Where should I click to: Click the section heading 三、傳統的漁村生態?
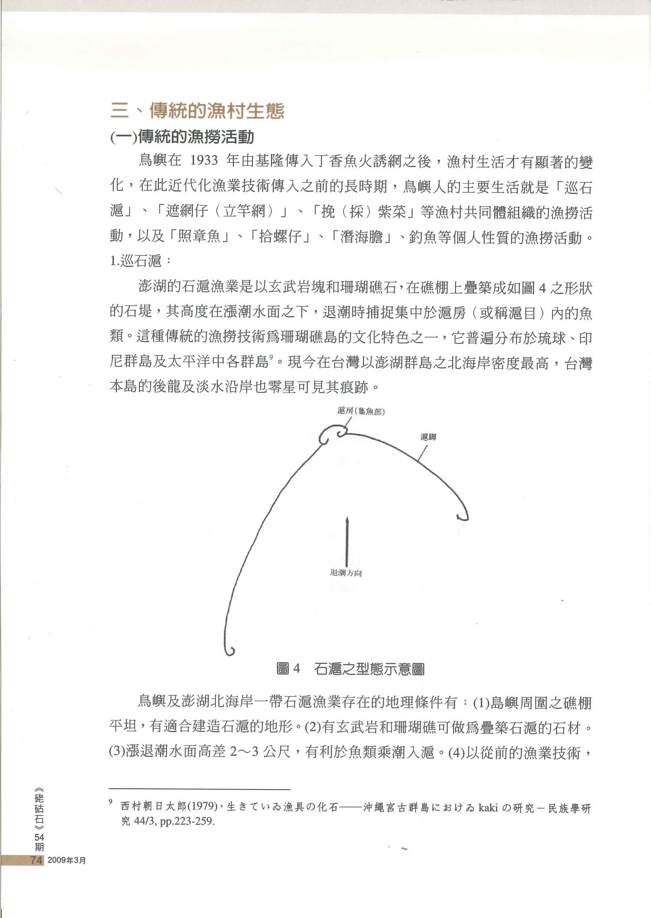coord(197,111)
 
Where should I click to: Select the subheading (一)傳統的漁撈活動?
coord(182,138)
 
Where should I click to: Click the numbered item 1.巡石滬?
coord(135,261)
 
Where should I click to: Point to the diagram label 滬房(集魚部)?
coord(361,411)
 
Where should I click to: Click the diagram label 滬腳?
coord(428,437)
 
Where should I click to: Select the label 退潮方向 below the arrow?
coord(346,573)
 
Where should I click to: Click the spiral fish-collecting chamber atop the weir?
coord(333,435)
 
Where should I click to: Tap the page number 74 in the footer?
coord(37,860)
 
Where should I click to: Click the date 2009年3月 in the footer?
coord(67,860)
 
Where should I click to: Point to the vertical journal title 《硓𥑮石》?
coord(39,807)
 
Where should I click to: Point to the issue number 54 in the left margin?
coord(39,837)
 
